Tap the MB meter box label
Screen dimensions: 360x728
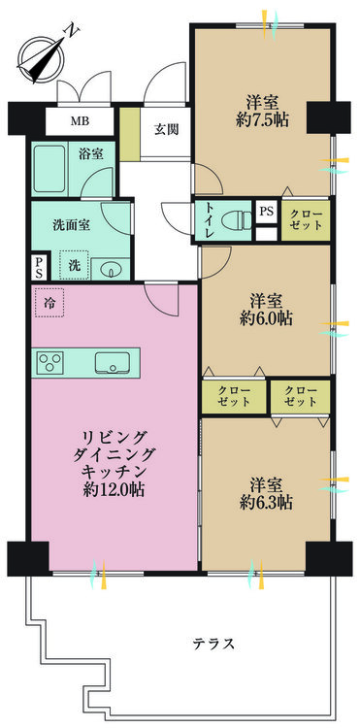pos(80,121)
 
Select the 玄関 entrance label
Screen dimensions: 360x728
pos(167,129)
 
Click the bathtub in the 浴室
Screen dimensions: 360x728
pos(49,169)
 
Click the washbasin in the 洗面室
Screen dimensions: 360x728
pos(112,269)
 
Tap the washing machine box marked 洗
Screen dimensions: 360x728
pos(74,266)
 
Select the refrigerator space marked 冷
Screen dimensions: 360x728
pos(49,303)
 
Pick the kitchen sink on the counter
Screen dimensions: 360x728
pos(113,363)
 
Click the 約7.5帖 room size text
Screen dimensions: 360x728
pos(262,119)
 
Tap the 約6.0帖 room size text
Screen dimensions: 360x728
pos(266,318)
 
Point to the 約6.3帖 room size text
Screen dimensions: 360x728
pos(266,503)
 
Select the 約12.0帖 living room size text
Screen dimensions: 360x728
pos(114,490)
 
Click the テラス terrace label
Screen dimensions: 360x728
pos(213,644)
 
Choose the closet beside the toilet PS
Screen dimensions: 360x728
pos(306,220)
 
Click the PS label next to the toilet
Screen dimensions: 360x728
pos(266,212)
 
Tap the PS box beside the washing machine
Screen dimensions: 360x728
pos(39,268)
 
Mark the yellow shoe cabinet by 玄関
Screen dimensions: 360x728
pos(130,134)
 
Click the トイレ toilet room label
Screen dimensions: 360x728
pos(208,220)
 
